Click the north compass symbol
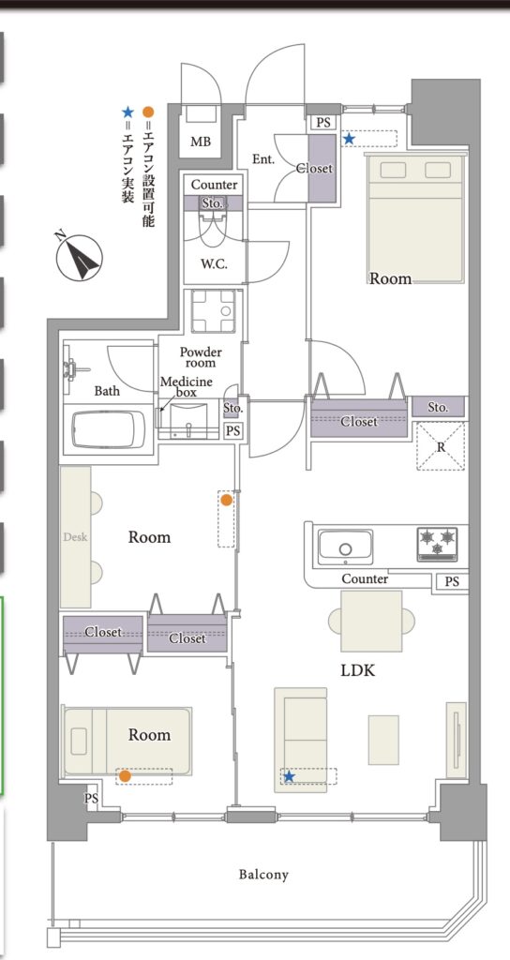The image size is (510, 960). [79, 257]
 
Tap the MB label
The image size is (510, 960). [201, 142]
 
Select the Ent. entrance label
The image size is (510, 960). [263, 159]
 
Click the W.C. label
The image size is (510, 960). [215, 264]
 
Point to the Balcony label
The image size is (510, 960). [263, 875]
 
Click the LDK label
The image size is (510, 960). [357, 670]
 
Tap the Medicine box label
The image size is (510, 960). [187, 387]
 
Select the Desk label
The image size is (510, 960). [75, 537]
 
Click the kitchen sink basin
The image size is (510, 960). [345, 547]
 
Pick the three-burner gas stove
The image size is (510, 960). [437, 544]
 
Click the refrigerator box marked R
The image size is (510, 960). [441, 446]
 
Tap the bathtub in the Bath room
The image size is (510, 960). [109, 429]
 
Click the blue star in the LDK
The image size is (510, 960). [289, 777]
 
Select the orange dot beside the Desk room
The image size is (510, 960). [227, 501]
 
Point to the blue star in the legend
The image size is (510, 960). [127, 112]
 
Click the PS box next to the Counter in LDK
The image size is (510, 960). [452, 582]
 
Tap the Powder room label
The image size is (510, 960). [201, 357]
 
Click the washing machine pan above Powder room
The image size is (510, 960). [213, 311]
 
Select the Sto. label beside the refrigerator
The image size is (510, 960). [438, 407]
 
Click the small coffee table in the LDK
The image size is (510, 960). [383, 740]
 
